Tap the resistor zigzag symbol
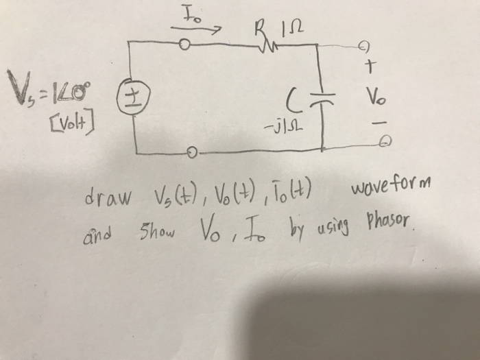263,45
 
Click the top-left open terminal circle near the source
184,46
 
